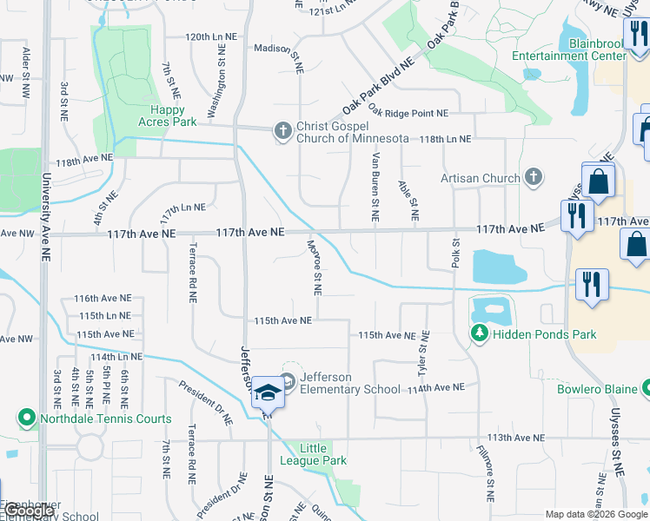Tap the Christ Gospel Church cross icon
[282, 131]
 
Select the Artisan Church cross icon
[534, 178]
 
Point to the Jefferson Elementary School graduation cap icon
[269, 392]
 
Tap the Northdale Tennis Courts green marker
[27, 419]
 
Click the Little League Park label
[323, 454]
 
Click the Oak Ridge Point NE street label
[408, 112]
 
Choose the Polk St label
[454, 252]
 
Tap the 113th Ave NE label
[516, 439]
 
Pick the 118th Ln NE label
[446, 139]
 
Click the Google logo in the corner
[30, 511]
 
